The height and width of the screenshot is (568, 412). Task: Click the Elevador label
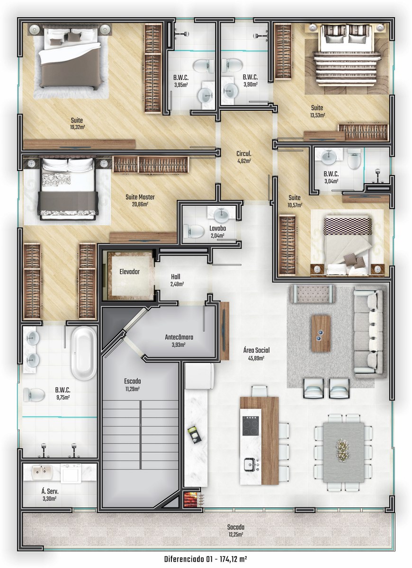[x=129, y=272]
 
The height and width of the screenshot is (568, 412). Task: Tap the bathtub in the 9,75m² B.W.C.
[x=83, y=353]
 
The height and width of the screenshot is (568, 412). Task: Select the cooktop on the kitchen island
[x=251, y=426]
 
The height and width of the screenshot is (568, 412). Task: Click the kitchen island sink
[x=251, y=464]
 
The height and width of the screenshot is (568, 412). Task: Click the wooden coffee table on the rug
[x=321, y=333]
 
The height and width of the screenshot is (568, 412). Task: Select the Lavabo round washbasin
[x=221, y=215]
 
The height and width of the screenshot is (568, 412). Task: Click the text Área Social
[x=256, y=350]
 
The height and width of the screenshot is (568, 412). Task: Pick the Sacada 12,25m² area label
[x=236, y=531]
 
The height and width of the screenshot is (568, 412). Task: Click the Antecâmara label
[x=179, y=337]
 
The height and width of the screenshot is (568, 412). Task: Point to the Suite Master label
[x=140, y=197]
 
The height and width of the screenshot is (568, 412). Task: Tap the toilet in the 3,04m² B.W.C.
[x=354, y=159]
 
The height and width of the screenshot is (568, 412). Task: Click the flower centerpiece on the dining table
[x=342, y=449]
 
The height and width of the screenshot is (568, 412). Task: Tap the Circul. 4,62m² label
[x=243, y=157]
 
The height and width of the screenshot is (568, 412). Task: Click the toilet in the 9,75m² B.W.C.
[x=34, y=395]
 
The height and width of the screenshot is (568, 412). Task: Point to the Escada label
[x=133, y=381]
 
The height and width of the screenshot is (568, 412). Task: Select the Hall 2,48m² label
[x=177, y=280]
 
